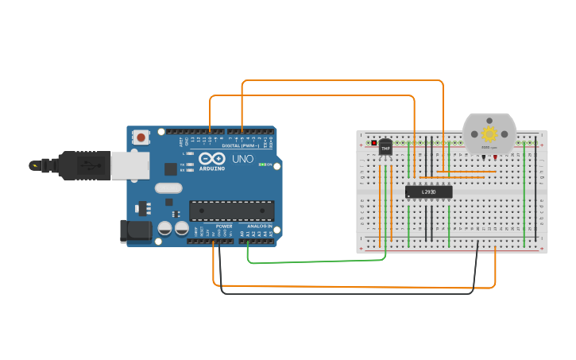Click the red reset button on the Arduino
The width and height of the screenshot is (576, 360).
[x=141, y=137]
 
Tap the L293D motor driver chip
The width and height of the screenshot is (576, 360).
[x=428, y=192]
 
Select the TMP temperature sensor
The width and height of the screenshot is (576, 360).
[x=385, y=147]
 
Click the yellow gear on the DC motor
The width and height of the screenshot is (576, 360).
[x=489, y=134]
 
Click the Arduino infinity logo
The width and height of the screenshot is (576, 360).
[x=211, y=158]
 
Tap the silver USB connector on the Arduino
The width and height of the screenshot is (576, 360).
[x=130, y=165]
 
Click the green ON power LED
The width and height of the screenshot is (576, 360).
[x=262, y=165]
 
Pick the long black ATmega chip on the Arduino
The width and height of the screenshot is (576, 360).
[x=231, y=211]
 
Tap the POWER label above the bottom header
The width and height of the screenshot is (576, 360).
[x=224, y=226]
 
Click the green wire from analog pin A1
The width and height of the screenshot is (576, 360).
[x=318, y=261]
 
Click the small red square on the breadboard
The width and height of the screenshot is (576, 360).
[x=374, y=143]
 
